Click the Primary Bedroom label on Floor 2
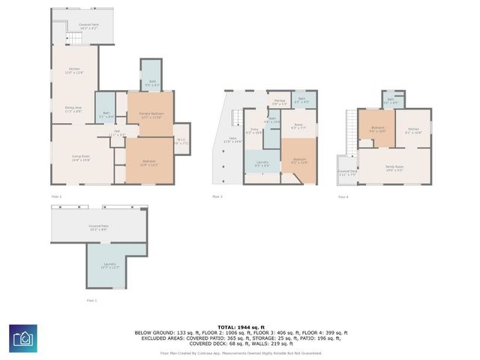(x=151, y=115)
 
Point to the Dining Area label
(x=72, y=109)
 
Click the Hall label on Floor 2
(x=118, y=133)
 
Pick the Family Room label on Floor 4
(x=394, y=168)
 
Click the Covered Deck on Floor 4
(x=347, y=172)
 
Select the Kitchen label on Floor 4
(x=413, y=130)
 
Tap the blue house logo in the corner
(x=22, y=338)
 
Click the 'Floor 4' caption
(x=343, y=196)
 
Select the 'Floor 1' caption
(x=91, y=300)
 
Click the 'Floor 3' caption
(x=217, y=196)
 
